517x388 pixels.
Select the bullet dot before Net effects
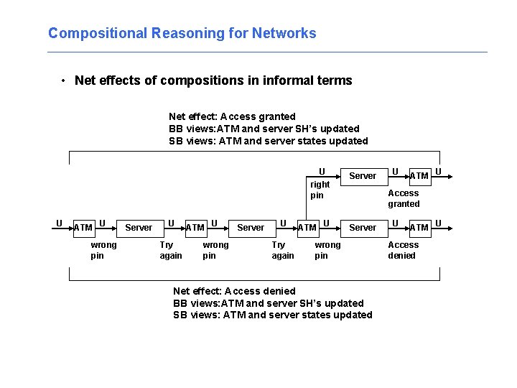pos(64,80)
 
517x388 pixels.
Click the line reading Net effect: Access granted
pos(232,116)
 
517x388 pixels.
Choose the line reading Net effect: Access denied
pos(234,291)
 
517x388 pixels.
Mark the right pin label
pos(320,190)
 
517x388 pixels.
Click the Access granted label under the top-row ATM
pos(404,198)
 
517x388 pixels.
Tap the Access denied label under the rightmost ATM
pos(403,250)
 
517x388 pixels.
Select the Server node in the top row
pos(363,176)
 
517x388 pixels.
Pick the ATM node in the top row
pos(419,176)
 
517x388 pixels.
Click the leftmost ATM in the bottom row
pos(83,228)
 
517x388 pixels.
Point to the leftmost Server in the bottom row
pos(139,228)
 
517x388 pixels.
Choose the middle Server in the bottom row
pos(251,228)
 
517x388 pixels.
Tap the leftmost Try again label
pos(171,250)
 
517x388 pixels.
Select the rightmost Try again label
pos(283,250)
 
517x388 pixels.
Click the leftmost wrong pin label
pos(103,250)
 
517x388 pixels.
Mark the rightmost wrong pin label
pos(328,250)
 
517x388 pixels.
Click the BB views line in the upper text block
pos(264,129)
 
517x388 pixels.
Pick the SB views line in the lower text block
pos(273,315)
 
